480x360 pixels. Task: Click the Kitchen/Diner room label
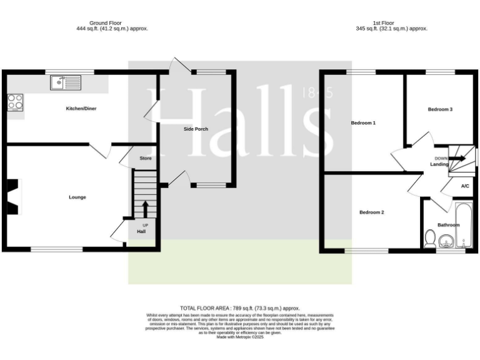point(81,109)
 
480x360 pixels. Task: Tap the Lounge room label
point(77,197)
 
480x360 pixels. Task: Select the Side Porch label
point(196,129)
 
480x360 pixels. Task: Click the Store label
point(146,158)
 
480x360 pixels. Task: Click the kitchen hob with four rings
point(15,102)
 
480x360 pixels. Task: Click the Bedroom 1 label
point(363,123)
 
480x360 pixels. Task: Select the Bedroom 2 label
point(371,212)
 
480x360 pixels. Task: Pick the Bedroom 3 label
point(440,109)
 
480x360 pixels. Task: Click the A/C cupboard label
point(465,186)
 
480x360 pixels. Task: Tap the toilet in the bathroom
point(429,239)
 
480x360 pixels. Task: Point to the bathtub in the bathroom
point(463,225)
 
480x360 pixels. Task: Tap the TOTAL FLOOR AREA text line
point(240,308)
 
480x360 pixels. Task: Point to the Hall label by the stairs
point(141,232)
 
